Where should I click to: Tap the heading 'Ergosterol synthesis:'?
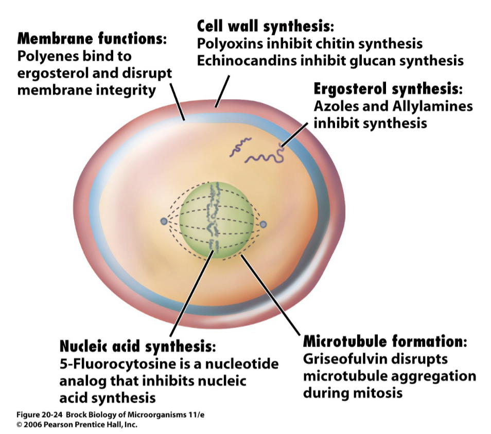389,89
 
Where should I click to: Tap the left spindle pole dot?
164,221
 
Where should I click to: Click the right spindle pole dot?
263,224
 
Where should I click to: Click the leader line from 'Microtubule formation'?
270,293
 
